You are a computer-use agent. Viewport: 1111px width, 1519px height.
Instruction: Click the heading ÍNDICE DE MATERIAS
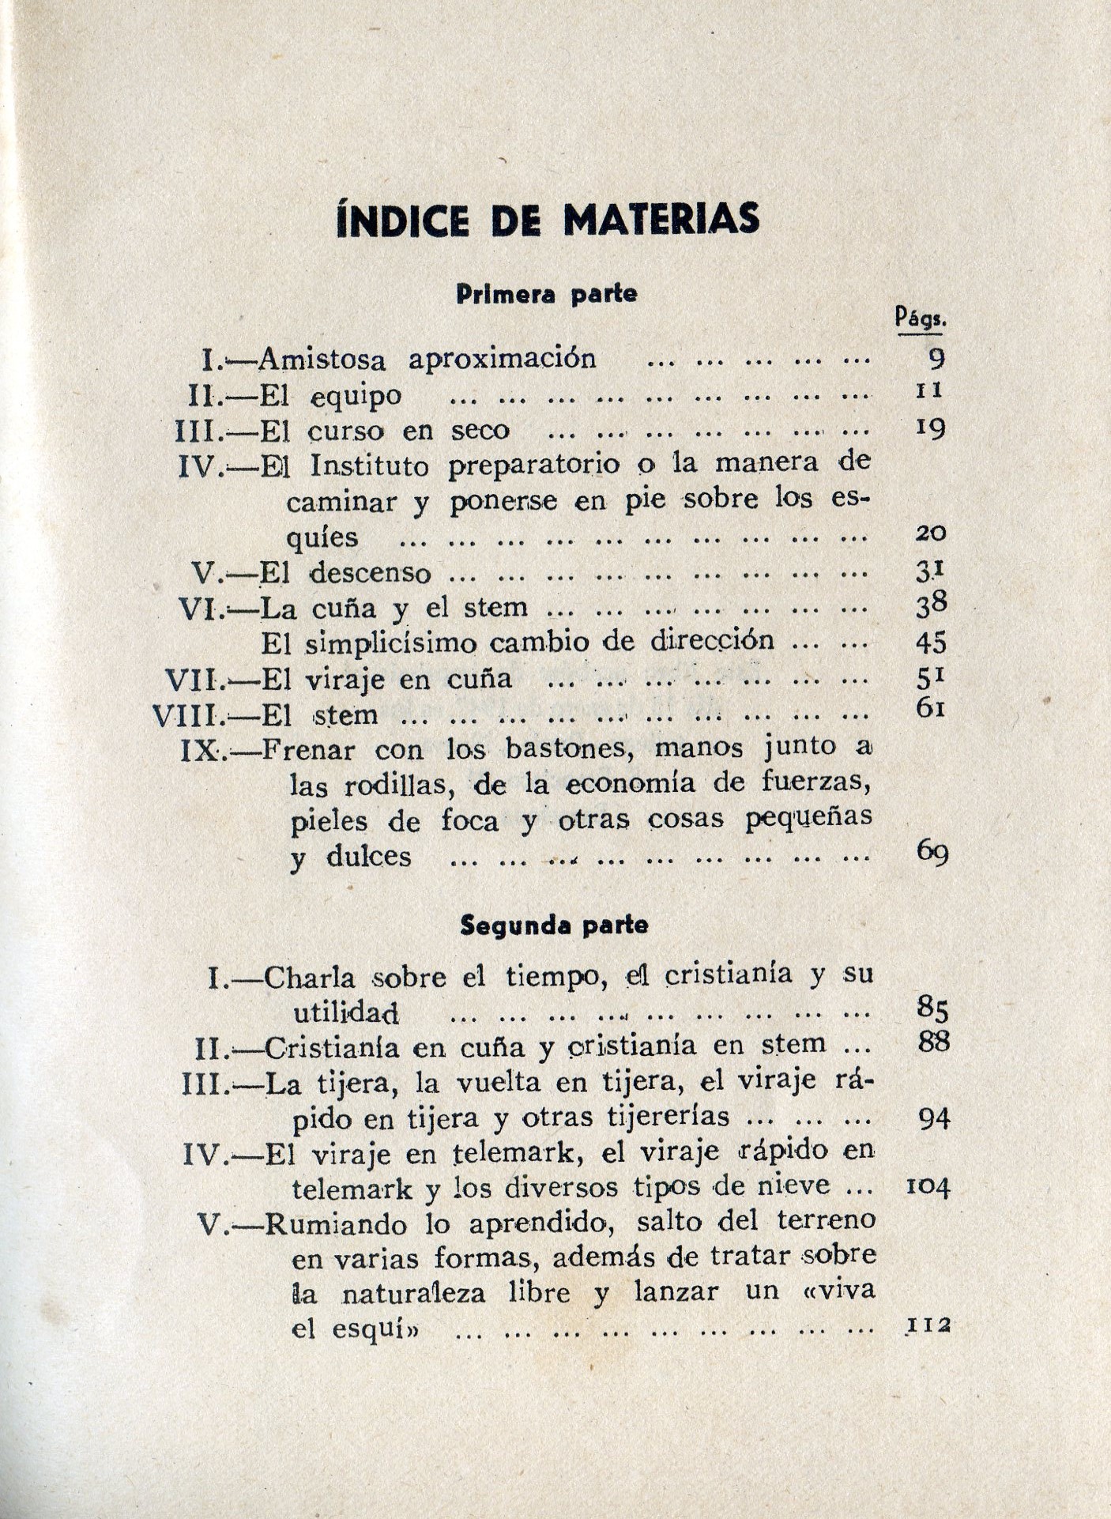[548, 220]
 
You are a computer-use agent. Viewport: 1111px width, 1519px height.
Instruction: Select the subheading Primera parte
[547, 294]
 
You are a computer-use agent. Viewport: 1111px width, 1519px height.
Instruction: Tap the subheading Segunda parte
[554, 925]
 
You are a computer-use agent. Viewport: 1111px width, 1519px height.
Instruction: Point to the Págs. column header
[921, 318]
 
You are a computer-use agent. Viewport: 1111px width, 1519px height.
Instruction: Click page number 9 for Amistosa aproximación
[936, 359]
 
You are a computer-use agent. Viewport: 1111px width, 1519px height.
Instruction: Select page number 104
[928, 1185]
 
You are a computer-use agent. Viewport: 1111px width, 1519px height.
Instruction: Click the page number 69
[932, 852]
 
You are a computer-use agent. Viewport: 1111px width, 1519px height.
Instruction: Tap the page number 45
[931, 643]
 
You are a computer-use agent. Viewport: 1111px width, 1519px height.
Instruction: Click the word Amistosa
[322, 360]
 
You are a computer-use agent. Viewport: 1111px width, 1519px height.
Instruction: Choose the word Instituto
[370, 465]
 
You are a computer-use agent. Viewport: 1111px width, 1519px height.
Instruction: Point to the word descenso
[370, 572]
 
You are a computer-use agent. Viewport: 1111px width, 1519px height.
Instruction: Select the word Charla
[310, 978]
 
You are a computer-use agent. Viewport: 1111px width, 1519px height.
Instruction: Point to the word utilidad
[346, 1012]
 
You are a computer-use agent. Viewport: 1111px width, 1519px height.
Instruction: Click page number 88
[933, 1042]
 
